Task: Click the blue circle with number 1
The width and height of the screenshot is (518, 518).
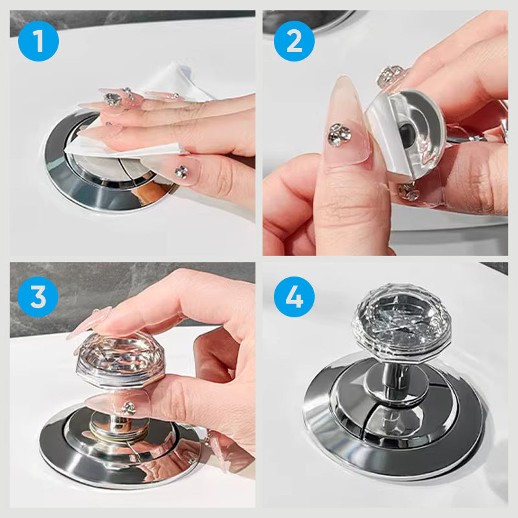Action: point(38,41)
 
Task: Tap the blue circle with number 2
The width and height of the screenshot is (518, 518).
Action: point(294,41)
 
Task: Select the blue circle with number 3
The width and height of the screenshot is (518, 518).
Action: point(38,297)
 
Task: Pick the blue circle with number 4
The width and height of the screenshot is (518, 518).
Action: point(294,297)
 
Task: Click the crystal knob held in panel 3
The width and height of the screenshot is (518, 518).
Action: point(120,359)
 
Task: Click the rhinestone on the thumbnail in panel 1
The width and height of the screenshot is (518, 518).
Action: point(181,172)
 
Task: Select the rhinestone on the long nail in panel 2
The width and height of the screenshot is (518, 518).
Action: point(339,134)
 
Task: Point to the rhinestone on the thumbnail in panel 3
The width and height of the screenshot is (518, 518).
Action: point(129,409)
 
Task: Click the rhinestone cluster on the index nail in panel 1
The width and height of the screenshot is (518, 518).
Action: point(113,99)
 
